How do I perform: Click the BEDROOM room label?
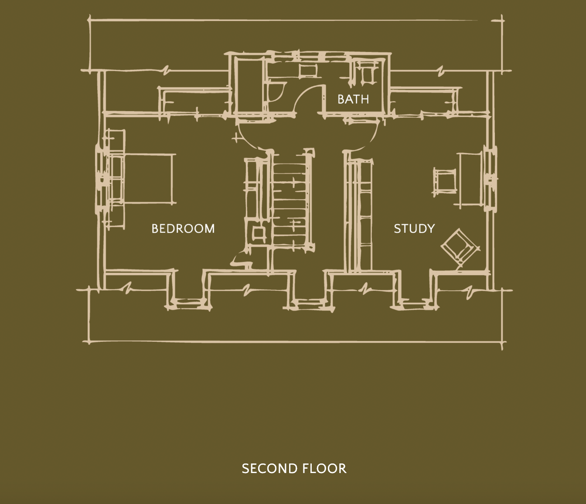click(x=183, y=229)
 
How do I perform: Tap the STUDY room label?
click(x=414, y=229)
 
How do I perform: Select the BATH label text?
click(x=353, y=99)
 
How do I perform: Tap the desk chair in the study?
click(x=445, y=182)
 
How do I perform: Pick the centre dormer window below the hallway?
click(x=310, y=304)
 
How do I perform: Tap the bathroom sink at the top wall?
click(x=307, y=70)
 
